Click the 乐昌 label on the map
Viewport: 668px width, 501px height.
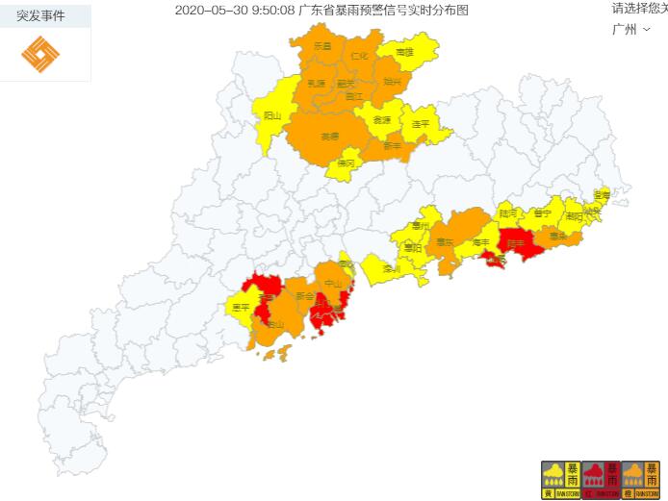point(322,46)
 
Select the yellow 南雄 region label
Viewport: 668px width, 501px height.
point(403,52)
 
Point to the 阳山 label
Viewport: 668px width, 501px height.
point(272,115)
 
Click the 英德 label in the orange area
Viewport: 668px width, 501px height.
point(330,137)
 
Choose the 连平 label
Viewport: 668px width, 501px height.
point(420,124)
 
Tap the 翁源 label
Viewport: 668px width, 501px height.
point(382,120)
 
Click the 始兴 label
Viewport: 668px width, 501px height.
point(392,83)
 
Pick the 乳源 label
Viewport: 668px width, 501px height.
point(316,85)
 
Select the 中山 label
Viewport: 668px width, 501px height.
point(333,284)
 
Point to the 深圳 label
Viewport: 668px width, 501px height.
point(391,270)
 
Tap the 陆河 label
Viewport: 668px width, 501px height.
point(507,212)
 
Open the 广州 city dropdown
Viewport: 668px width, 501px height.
point(630,29)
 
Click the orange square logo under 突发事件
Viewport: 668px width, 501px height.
point(40,55)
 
